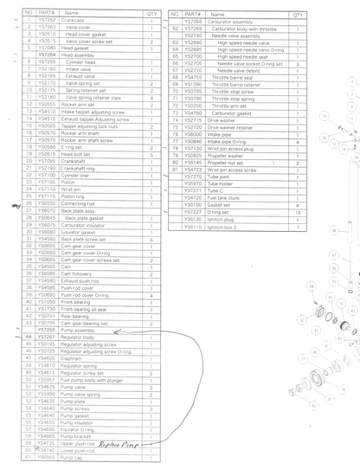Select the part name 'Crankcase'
[x=78, y=19]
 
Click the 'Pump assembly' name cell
[x=81, y=330]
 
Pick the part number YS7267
[x=48, y=337]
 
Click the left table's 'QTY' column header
[x=152, y=13]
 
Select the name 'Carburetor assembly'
[x=234, y=21]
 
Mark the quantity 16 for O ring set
[x=297, y=212]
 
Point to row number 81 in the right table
[x=176, y=170]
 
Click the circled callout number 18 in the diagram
[x=325, y=115]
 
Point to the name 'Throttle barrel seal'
[x=235, y=78]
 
